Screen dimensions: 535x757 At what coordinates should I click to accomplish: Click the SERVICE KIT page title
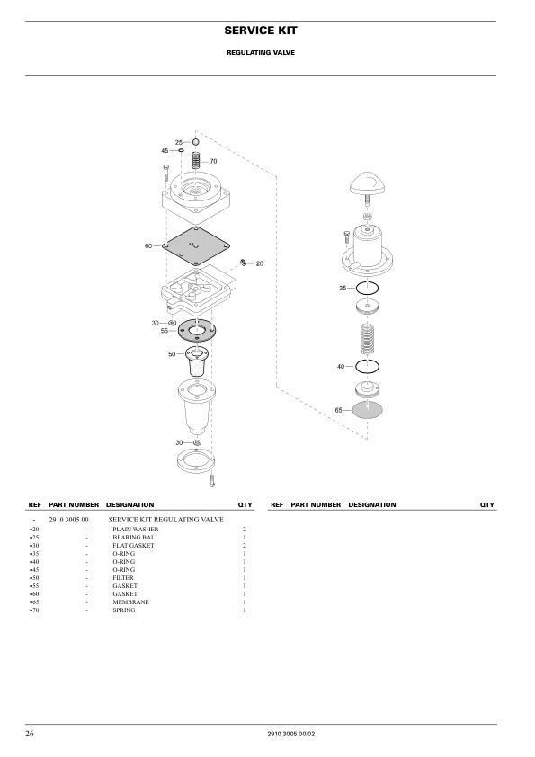tap(261, 31)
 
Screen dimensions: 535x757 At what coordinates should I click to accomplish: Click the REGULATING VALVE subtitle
tap(261, 53)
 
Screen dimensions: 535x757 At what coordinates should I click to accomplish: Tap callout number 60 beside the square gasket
tap(148, 245)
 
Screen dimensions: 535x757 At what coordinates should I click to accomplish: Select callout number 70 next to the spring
tap(213, 161)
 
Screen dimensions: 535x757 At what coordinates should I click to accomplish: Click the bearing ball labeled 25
tap(195, 142)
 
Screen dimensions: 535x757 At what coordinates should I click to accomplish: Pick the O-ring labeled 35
tap(367, 289)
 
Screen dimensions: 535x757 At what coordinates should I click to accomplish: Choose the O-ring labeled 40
tap(367, 367)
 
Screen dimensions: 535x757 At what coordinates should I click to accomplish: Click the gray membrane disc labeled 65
tap(368, 410)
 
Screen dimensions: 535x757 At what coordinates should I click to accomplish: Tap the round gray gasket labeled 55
tap(197, 330)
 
